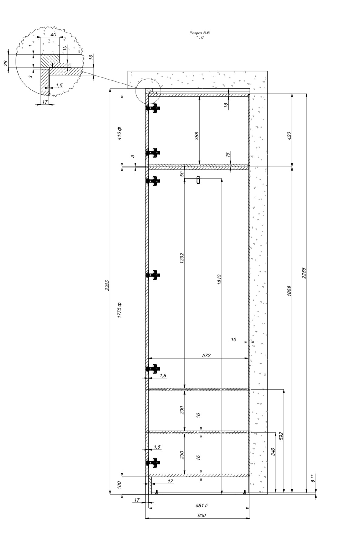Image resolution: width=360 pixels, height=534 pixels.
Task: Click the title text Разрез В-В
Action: [x=199, y=33]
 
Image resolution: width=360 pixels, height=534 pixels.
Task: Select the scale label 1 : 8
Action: [x=200, y=37]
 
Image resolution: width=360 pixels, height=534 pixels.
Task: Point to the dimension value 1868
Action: [x=289, y=291]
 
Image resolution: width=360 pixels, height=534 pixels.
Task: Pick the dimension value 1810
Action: [x=219, y=280]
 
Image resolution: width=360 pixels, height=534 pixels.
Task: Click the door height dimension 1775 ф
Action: [x=119, y=310]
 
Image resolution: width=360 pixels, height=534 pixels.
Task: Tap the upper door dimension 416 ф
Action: [x=119, y=133]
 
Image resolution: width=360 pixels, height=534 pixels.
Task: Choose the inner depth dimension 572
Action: [x=206, y=355]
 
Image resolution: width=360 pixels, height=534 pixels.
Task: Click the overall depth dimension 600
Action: [x=202, y=515]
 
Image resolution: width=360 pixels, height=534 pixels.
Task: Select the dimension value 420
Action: [x=289, y=136]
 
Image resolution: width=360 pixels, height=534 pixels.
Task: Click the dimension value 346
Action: [x=273, y=452]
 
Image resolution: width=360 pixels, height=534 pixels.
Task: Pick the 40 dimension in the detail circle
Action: [x=53, y=35]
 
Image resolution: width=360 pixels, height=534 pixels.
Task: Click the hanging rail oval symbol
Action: [x=198, y=180]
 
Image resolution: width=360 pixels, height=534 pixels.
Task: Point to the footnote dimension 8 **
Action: [x=313, y=478]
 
